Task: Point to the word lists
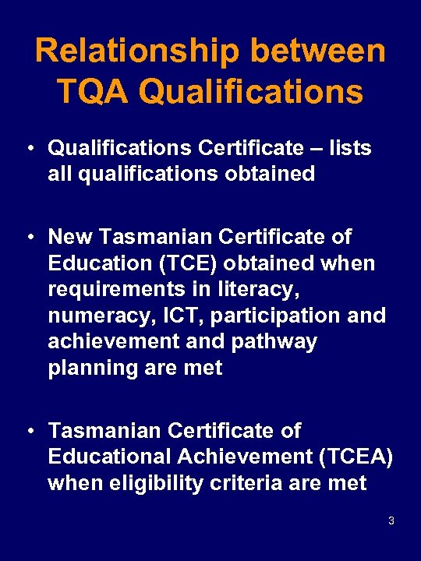(349, 147)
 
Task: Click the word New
(73, 236)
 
